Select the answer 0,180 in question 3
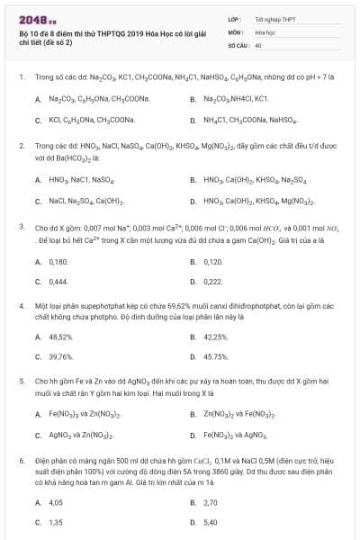click(x=58, y=261)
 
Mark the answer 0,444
click(x=58, y=282)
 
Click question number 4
click(x=21, y=306)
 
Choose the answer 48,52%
click(x=60, y=337)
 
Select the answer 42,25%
click(x=215, y=337)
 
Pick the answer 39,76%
click(x=60, y=357)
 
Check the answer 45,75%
click(x=216, y=357)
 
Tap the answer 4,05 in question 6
click(x=56, y=502)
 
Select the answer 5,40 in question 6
click(x=211, y=523)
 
